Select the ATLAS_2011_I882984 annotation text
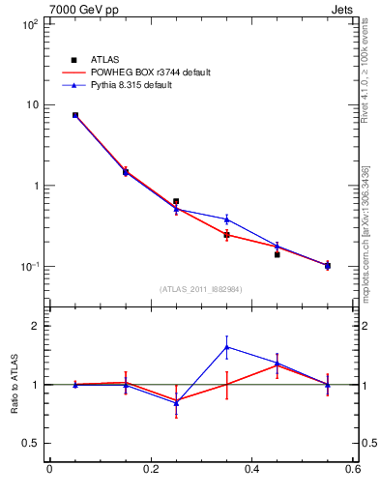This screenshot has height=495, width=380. [x=201, y=288]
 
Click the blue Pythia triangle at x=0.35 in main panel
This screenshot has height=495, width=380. [x=226, y=219]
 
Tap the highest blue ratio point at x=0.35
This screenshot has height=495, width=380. [x=226, y=347]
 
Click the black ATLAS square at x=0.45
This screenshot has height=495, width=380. [x=277, y=254]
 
